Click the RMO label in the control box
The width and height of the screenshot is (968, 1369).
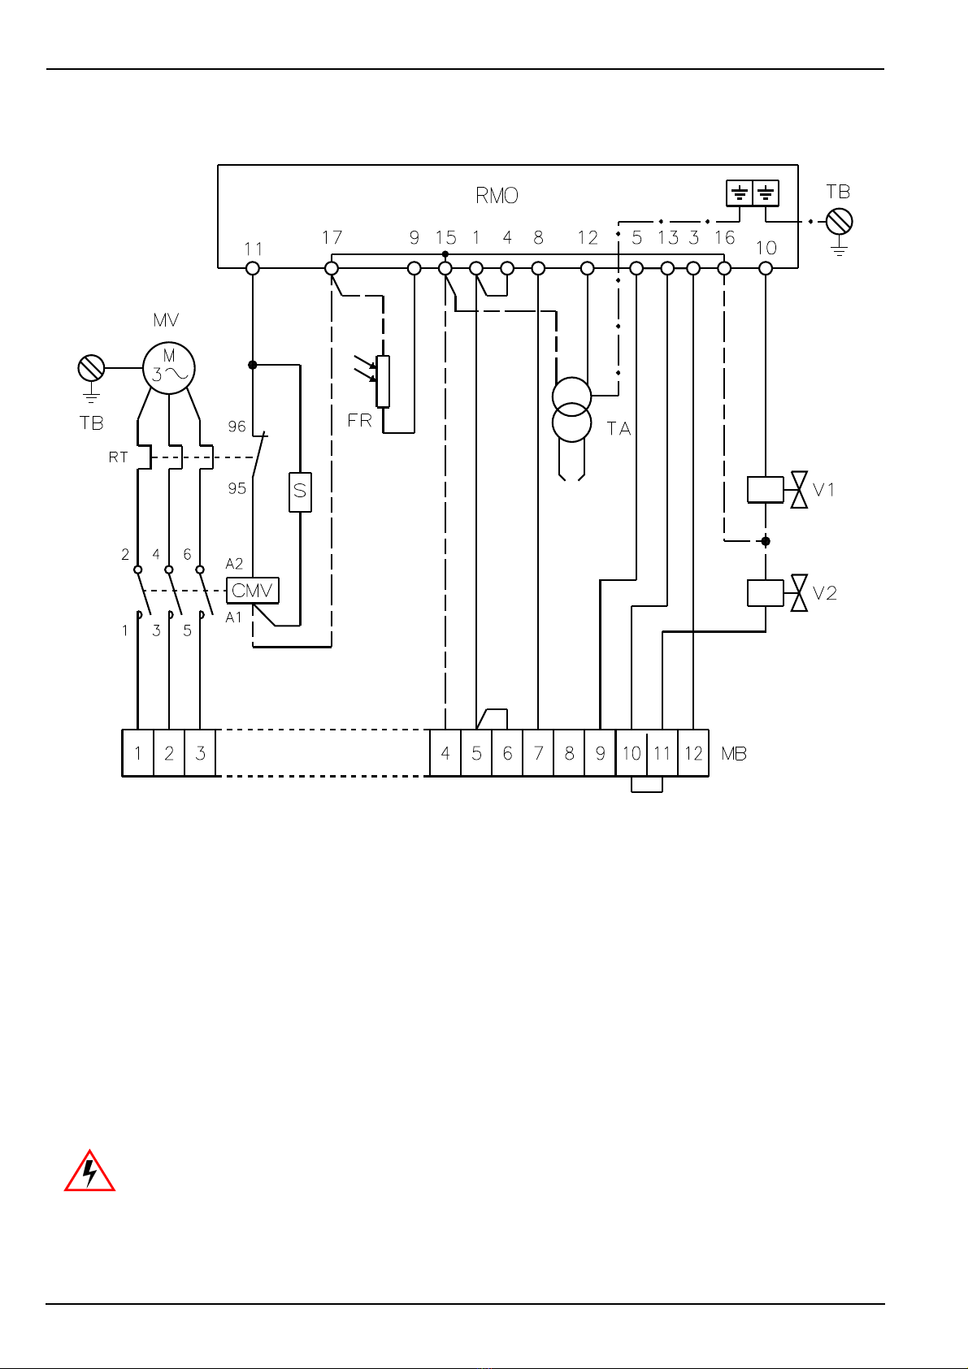click(x=497, y=196)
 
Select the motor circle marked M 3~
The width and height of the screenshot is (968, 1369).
click(x=169, y=368)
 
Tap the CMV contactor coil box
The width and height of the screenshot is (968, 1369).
click(x=253, y=591)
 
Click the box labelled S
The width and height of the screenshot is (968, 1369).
click(x=300, y=492)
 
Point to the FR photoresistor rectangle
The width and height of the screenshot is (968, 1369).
click(x=383, y=381)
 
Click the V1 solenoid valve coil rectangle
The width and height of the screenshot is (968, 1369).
click(x=766, y=490)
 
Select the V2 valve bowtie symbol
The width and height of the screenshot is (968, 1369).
click(x=799, y=593)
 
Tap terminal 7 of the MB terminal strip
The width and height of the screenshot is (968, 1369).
click(x=538, y=753)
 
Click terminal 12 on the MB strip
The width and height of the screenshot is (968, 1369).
click(x=693, y=753)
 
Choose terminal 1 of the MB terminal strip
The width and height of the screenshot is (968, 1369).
click(x=137, y=753)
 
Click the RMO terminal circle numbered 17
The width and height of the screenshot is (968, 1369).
click(x=332, y=268)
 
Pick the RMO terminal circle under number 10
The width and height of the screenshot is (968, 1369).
click(x=766, y=268)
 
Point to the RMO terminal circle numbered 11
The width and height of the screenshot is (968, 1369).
click(x=253, y=268)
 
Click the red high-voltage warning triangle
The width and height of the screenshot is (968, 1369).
click(x=90, y=1171)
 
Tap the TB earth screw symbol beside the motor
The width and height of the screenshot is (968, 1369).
click(x=91, y=368)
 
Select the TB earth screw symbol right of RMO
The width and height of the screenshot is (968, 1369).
click(x=839, y=221)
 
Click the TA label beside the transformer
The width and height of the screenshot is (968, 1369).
click(x=619, y=428)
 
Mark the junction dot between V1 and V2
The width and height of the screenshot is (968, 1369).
click(x=766, y=541)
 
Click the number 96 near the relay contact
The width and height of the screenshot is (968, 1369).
click(x=237, y=426)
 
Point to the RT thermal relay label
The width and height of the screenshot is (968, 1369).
click(x=118, y=457)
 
